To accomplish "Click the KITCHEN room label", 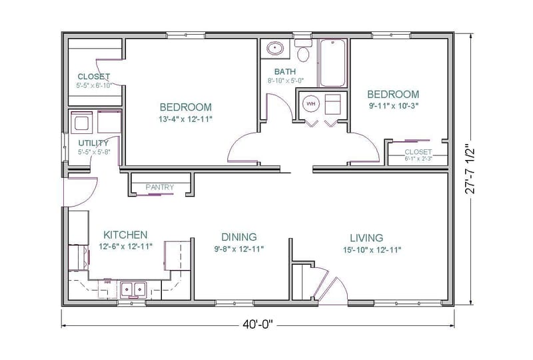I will (125, 235).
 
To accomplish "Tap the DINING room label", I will (239, 237).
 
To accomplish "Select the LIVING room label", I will (366, 237).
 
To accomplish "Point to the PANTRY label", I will (159, 187).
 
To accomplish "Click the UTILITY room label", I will (93, 143).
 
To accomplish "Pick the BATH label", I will (285, 71).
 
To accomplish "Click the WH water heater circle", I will (310, 103).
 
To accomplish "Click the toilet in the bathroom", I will (304, 51).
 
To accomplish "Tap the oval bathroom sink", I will (274, 48).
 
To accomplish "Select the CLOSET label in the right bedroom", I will (418, 152).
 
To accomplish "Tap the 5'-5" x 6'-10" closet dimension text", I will (93, 85).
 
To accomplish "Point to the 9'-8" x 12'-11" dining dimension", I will (239, 249).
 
